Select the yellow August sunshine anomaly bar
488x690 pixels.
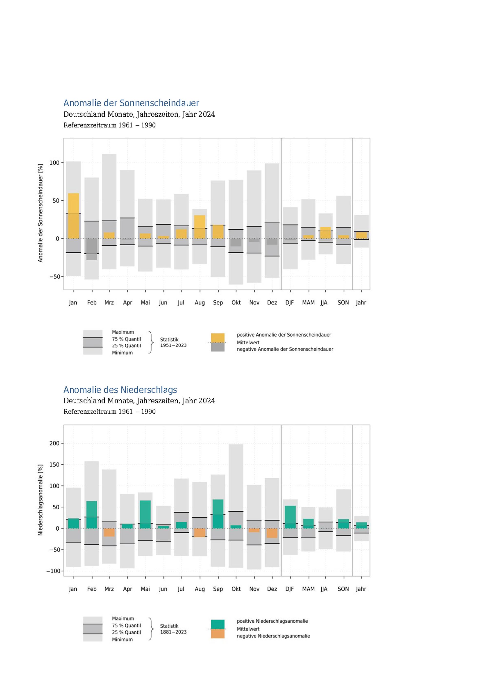[x=200, y=227]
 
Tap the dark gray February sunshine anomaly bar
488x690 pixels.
[x=92, y=249]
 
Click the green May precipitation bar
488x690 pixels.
[x=145, y=514]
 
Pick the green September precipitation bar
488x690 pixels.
[x=218, y=514]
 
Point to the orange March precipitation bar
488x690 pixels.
[x=109, y=532]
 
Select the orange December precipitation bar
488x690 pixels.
[x=272, y=533]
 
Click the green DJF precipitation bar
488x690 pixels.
[x=290, y=517]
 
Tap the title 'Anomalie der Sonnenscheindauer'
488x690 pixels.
[x=131, y=103]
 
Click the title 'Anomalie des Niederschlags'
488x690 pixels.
[x=120, y=390]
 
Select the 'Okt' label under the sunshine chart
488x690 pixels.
[x=236, y=303]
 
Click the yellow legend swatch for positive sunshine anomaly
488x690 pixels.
[x=218, y=338]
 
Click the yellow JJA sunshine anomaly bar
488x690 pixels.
[x=325, y=233]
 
